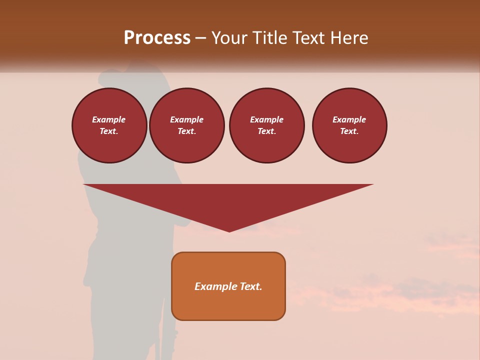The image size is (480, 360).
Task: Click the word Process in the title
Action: (x=157, y=38)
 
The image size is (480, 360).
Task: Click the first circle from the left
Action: (x=109, y=125)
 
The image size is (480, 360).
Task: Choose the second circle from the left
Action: (x=187, y=125)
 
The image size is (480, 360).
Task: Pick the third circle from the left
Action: (x=267, y=125)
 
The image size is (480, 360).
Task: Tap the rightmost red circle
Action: (x=349, y=125)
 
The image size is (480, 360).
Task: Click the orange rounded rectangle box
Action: (x=228, y=286)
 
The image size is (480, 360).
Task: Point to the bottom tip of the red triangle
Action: (x=229, y=231)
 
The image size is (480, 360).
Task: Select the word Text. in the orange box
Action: (x=250, y=286)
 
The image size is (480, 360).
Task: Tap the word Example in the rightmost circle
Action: (x=349, y=119)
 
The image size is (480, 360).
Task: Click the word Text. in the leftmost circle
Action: (x=109, y=131)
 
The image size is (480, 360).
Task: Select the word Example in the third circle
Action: (x=267, y=119)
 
